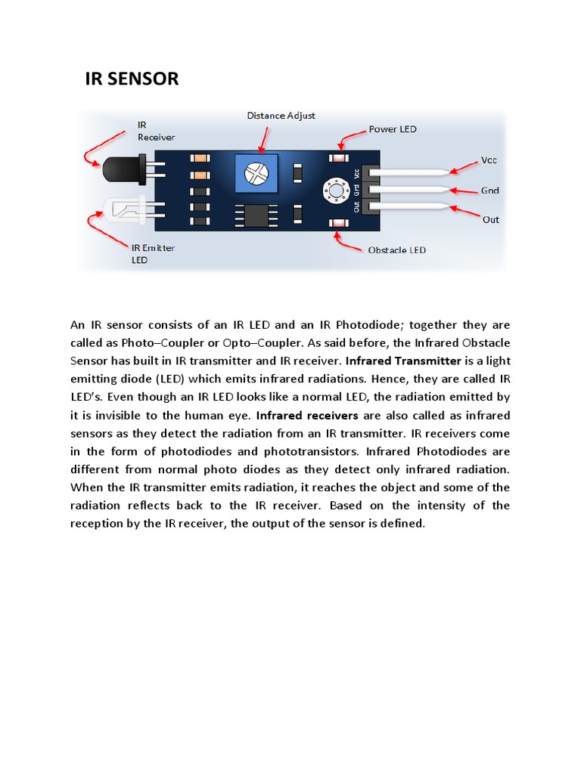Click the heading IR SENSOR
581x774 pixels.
(x=132, y=79)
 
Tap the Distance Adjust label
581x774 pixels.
(x=281, y=116)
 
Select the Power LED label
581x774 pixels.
(x=393, y=128)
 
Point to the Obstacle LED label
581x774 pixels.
(x=396, y=250)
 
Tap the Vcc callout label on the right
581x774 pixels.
(x=489, y=160)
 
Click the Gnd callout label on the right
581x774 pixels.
(x=490, y=190)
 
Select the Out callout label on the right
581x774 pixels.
(x=491, y=220)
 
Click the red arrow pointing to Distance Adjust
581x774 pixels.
(x=264, y=138)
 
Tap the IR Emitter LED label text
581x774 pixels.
(x=153, y=253)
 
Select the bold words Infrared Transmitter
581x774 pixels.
(x=404, y=361)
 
